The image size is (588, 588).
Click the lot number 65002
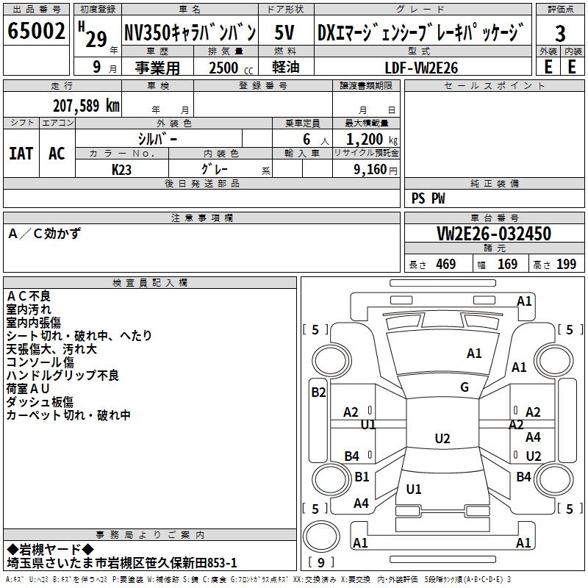(x=36, y=33)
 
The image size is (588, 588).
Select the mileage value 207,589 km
(x=86, y=105)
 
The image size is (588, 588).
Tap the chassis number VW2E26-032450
(x=494, y=234)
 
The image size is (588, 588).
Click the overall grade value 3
(x=560, y=34)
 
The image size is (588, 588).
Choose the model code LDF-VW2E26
(x=421, y=68)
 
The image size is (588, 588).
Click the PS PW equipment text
(x=429, y=198)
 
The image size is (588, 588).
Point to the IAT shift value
(x=21, y=153)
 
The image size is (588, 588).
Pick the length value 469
(x=445, y=265)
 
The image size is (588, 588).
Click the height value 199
(x=566, y=265)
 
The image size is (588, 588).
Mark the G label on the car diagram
(x=465, y=387)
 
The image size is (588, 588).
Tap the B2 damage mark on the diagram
(x=318, y=392)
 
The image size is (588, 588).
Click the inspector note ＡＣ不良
(x=29, y=295)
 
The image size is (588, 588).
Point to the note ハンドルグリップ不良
(x=62, y=376)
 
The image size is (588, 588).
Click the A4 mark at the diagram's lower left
(x=361, y=503)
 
